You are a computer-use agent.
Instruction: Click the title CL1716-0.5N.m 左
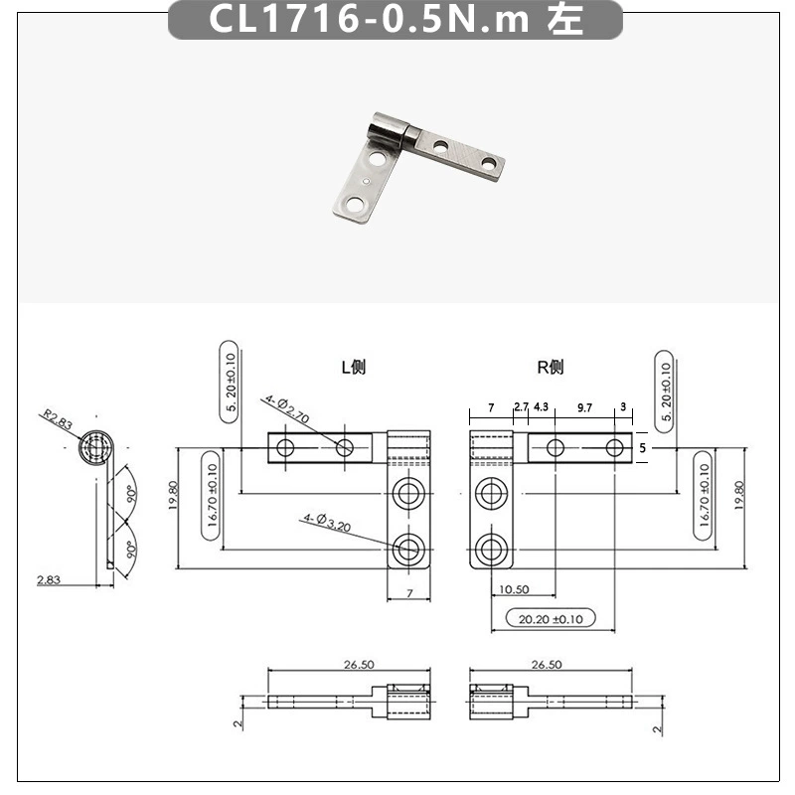click(396, 19)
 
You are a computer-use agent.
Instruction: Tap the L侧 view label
click(354, 367)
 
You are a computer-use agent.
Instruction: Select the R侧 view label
click(551, 367)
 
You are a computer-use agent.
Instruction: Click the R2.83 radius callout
click(58, 419)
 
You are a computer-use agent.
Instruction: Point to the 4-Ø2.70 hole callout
click(287, 409)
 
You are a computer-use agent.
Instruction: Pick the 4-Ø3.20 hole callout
click(327, 523)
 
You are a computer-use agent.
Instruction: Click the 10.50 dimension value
click(514, 589)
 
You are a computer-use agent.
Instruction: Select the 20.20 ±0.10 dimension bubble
click(551, 618)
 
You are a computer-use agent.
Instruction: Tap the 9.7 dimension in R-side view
click(584, 407)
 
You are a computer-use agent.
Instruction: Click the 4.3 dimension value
click(541, 406)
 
